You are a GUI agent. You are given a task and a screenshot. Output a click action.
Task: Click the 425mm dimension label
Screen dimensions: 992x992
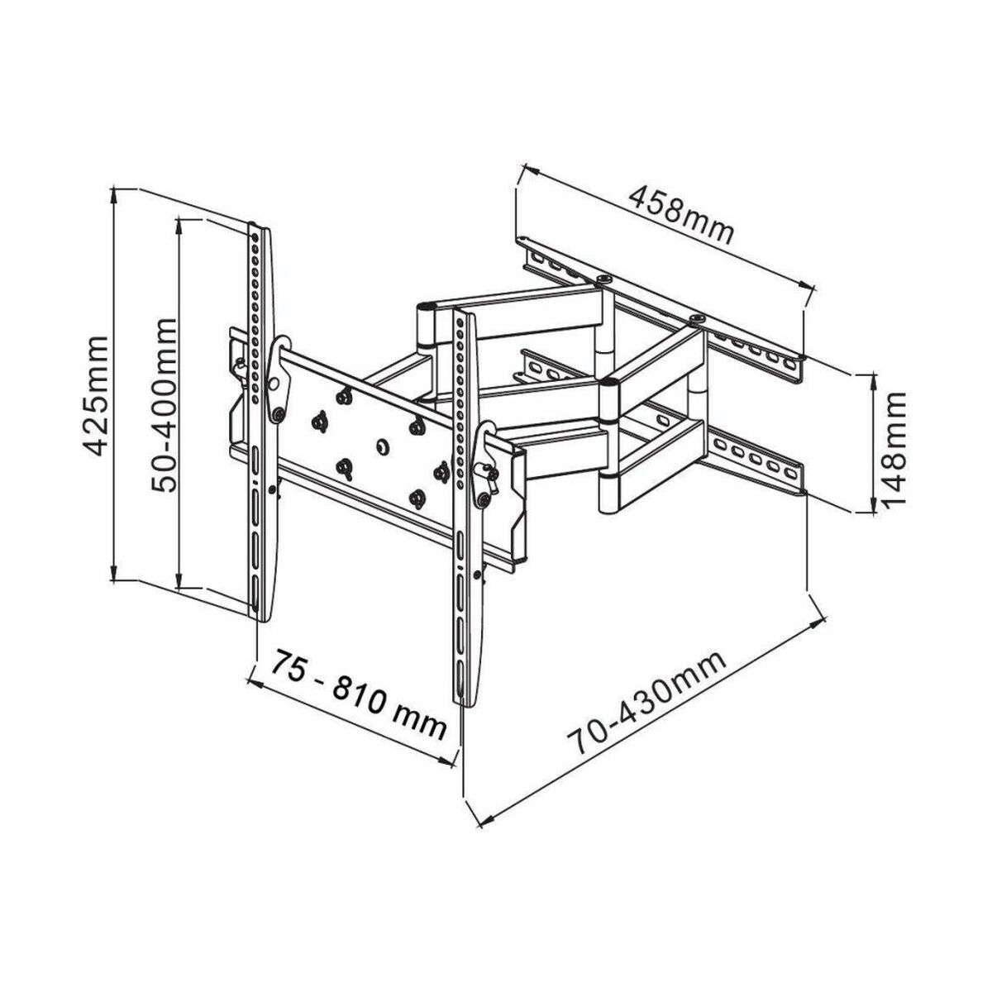[x=98, y=396]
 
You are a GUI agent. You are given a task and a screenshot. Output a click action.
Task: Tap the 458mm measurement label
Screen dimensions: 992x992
[x=681, y=216]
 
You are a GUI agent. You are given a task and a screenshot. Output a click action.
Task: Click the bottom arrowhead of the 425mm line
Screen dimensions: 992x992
[x=117, y=576]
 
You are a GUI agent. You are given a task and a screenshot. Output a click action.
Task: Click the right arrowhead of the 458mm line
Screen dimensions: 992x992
[x=807, y=287]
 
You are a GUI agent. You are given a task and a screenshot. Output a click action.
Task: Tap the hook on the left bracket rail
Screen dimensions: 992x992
[x=281, y=347]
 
